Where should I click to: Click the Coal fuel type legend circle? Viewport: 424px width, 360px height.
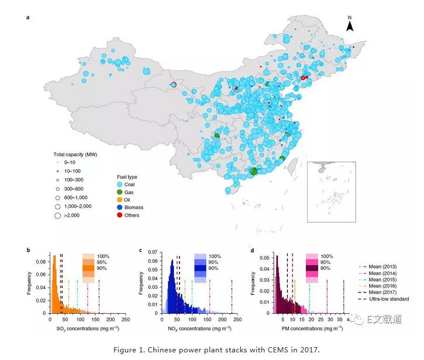tap(120, 184)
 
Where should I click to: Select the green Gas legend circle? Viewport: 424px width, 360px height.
tap(120, 191)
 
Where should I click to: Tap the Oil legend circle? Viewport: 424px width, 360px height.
tap(120, 200)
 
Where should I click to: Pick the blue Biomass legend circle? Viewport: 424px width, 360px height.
tap(120, 207)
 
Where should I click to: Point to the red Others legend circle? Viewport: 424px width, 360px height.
tap(120, 215)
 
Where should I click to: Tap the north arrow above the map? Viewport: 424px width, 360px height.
tap(350, 25)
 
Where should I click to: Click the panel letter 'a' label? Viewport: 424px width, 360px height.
tap(27, 18)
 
